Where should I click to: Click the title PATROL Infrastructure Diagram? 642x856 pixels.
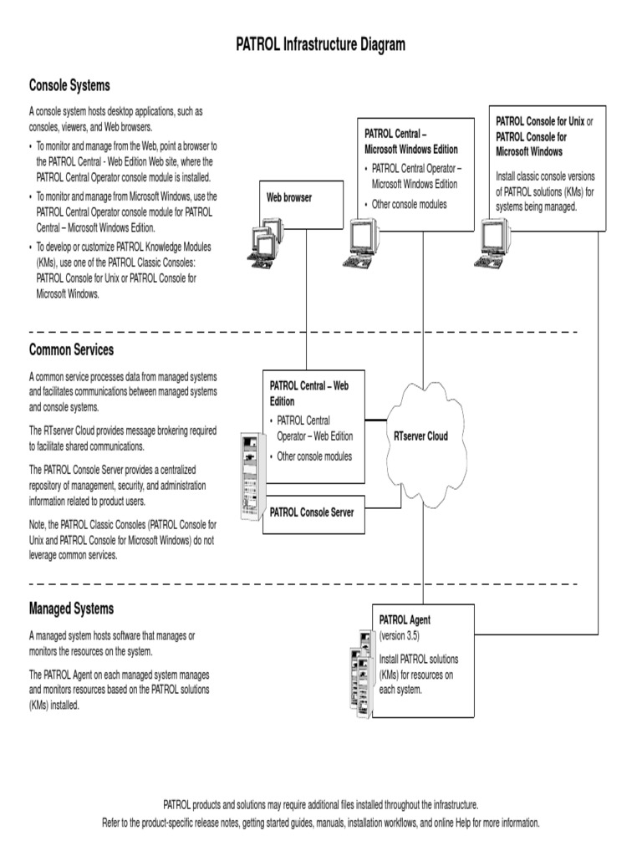click(x=321, y=45)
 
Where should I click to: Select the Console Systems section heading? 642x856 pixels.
click(x=69, y=85)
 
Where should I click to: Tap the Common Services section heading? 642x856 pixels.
click(x=71, y=349)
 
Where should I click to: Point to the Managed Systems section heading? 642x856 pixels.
click(x=71, y=609)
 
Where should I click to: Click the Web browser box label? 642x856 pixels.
click(x=289, y=198)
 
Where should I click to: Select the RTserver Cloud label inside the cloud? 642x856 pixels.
click(x=420, y=436)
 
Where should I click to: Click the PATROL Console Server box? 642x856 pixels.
click(x=312, y=512)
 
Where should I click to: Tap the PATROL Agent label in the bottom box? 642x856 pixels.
click(x=405, y=620)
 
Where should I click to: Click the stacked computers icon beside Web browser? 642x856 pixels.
click(x=265, y=242)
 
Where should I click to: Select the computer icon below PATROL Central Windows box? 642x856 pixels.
click(x=359, y=243)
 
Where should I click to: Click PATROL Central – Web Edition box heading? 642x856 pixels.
click(x=308, y=393)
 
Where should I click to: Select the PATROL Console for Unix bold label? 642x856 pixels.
click(x=539, y=121)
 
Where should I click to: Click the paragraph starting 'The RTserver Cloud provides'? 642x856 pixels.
click(x=122, y=438)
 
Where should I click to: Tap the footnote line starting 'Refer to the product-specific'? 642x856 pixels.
click(x=321, y=823)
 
